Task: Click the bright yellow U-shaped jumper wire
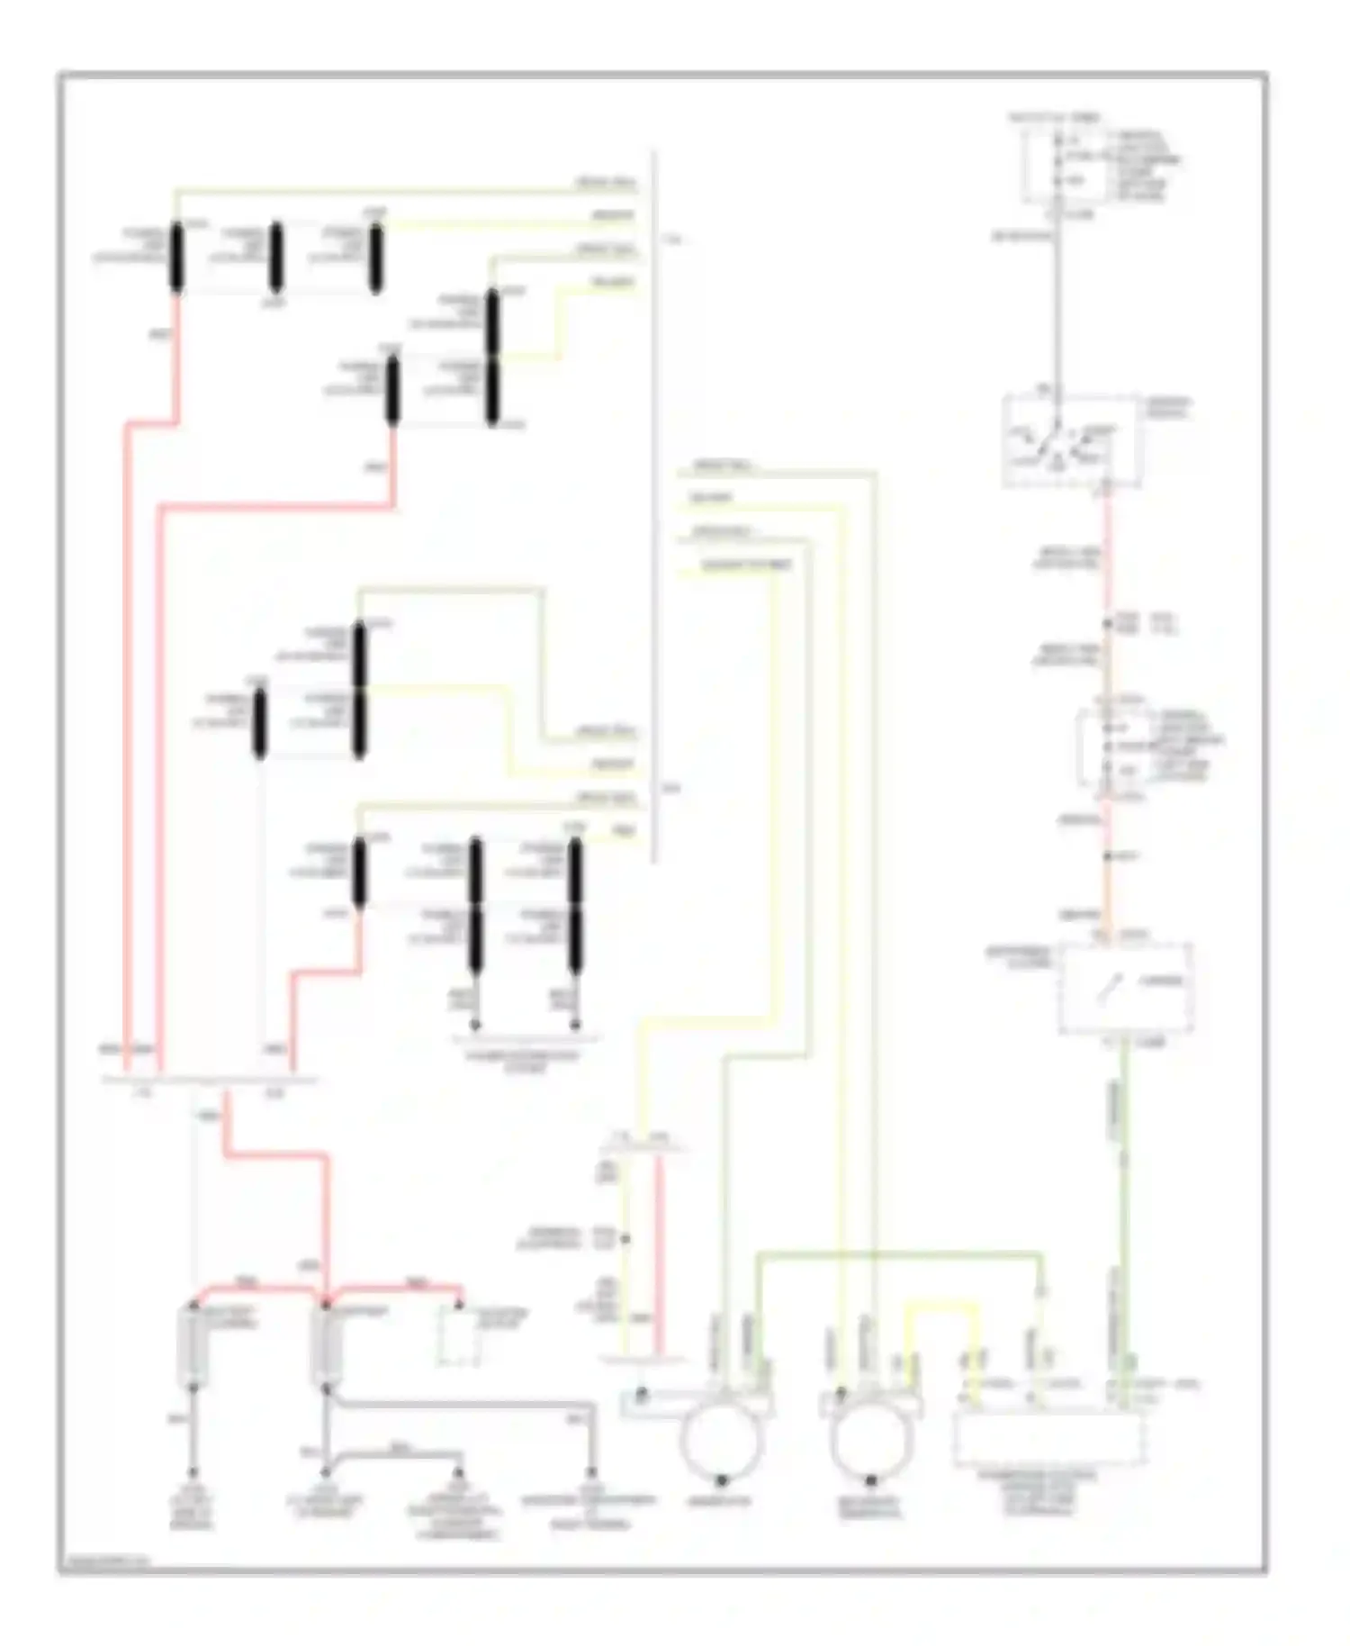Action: [x=942, y=1304]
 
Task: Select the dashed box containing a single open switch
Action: [x=1126, y=987]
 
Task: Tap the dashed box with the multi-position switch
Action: [x=1072, y=440]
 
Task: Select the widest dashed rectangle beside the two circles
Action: [x=1049, y=1438]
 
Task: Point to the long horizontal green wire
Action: [x=900, y=1253]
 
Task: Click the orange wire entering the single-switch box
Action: [x=1106, y=882]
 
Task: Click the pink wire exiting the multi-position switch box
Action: [x=1107, y=549]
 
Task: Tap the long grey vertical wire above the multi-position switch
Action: [x=1058, y=306]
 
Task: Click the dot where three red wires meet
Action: [x=326, y=1302]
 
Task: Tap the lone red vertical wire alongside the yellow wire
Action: [x=659, y=1252]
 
